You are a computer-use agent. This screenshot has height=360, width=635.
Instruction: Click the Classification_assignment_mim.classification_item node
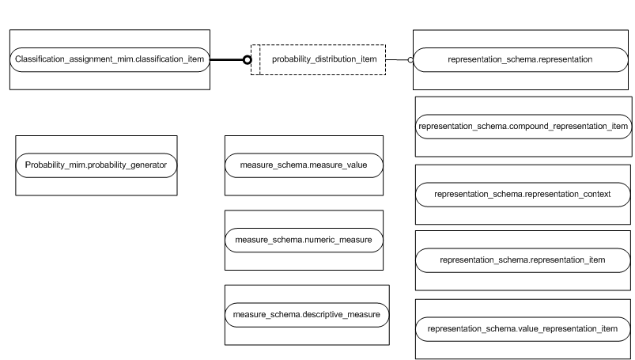109,59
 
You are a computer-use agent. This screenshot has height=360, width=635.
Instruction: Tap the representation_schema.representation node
520,59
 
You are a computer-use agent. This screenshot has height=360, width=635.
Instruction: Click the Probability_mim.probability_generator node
96,165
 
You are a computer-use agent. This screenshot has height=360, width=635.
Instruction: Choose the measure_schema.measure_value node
304,165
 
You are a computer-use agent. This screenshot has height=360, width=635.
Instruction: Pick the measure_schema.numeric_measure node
304,238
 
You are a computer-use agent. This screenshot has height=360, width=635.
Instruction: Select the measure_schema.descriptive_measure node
307,314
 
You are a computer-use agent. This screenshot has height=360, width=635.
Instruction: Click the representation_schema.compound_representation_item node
523,126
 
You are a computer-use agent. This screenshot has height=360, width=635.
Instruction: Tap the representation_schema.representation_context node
523,193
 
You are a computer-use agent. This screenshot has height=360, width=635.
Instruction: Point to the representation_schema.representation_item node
523,260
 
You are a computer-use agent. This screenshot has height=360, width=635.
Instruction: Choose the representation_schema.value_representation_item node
523,328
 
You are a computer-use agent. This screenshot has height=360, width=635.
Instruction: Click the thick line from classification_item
226,59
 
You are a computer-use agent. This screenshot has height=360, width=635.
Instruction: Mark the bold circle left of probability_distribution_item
247,59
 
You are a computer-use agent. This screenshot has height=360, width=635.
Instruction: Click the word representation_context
567,193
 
